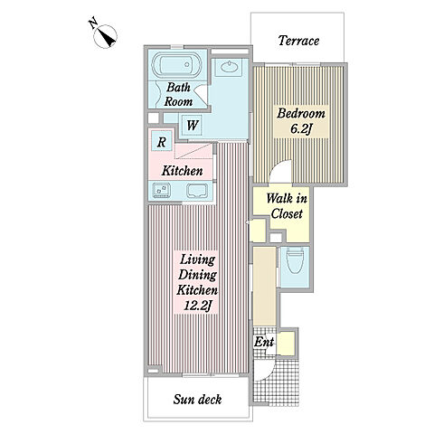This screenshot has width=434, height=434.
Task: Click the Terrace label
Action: coord(298,41)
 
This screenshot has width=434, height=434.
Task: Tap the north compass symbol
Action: coord(105,36)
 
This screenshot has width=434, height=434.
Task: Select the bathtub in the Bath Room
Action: coord(177,65)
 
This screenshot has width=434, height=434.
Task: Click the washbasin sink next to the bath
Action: coord(231,67)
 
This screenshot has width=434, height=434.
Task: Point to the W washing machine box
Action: coord(192,125)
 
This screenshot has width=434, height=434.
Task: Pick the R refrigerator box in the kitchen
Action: coord(162,142)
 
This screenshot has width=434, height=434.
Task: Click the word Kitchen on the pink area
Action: coord(182,171)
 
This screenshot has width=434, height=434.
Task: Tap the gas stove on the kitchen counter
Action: coord(162,191)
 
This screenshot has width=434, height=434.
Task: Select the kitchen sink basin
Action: coord(197,191)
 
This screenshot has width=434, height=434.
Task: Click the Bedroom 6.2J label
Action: coord(301,121)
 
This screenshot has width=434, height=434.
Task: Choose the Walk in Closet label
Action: coord(287,206)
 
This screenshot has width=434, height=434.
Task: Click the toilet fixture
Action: coord(295,260)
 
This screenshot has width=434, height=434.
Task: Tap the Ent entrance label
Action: coord(264,342)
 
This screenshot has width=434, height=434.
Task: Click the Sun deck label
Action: coord(197,400)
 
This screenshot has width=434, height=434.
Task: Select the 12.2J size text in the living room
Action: coord(196,307)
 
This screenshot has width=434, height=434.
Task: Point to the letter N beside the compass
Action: coord(93,23)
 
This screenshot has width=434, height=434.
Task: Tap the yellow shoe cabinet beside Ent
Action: coord(286,344)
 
